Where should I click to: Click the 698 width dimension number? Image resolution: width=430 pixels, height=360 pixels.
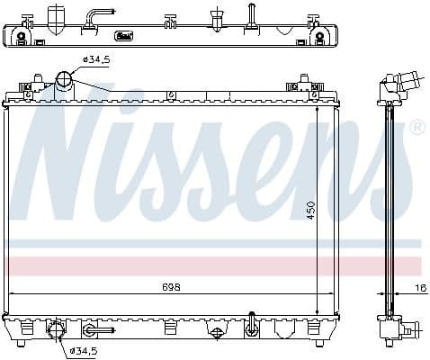coord(172,287)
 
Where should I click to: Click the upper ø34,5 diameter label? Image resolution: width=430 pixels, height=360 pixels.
coord(95,59)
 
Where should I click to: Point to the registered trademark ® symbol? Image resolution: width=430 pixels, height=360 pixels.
coord(417,130)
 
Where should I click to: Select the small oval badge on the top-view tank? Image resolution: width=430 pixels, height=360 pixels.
coord(124,37)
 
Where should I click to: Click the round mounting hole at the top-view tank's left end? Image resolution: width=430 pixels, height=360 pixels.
coord(21,37)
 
